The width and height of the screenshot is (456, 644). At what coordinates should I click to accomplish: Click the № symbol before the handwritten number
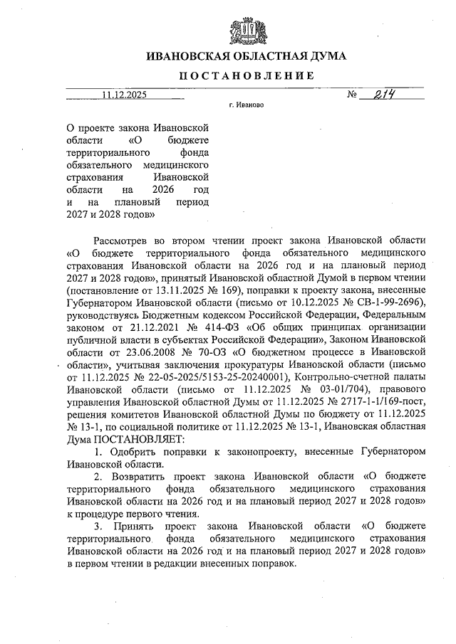click(351, 95)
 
